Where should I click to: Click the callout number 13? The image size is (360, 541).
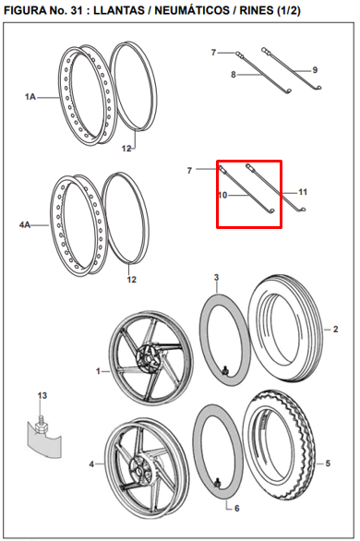point(42,395)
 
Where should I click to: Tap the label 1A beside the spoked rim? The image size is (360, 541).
point(30,97)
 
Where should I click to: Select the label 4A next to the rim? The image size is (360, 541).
point(25,225)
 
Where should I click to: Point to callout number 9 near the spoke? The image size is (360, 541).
point(315,70)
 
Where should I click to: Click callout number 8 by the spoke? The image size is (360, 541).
point(234,75)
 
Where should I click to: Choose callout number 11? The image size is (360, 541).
point(303,192)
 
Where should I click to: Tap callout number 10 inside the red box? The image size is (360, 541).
point(222,196)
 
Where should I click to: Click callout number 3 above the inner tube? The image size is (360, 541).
point(216,277)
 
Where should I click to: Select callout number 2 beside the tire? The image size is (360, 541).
point(335,330)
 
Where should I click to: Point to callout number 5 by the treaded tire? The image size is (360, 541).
point(328,463)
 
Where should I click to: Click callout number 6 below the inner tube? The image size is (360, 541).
point(236,508)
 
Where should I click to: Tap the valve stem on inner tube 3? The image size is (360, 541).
point(226,370)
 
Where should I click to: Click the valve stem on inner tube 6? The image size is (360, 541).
point(217,483)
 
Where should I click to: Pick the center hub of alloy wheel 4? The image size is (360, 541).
point(140,470)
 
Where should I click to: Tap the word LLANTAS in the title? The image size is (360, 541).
point(119,11)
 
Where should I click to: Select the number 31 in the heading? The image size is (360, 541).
point(76,11)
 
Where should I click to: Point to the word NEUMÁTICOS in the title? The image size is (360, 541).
point(192,10)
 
